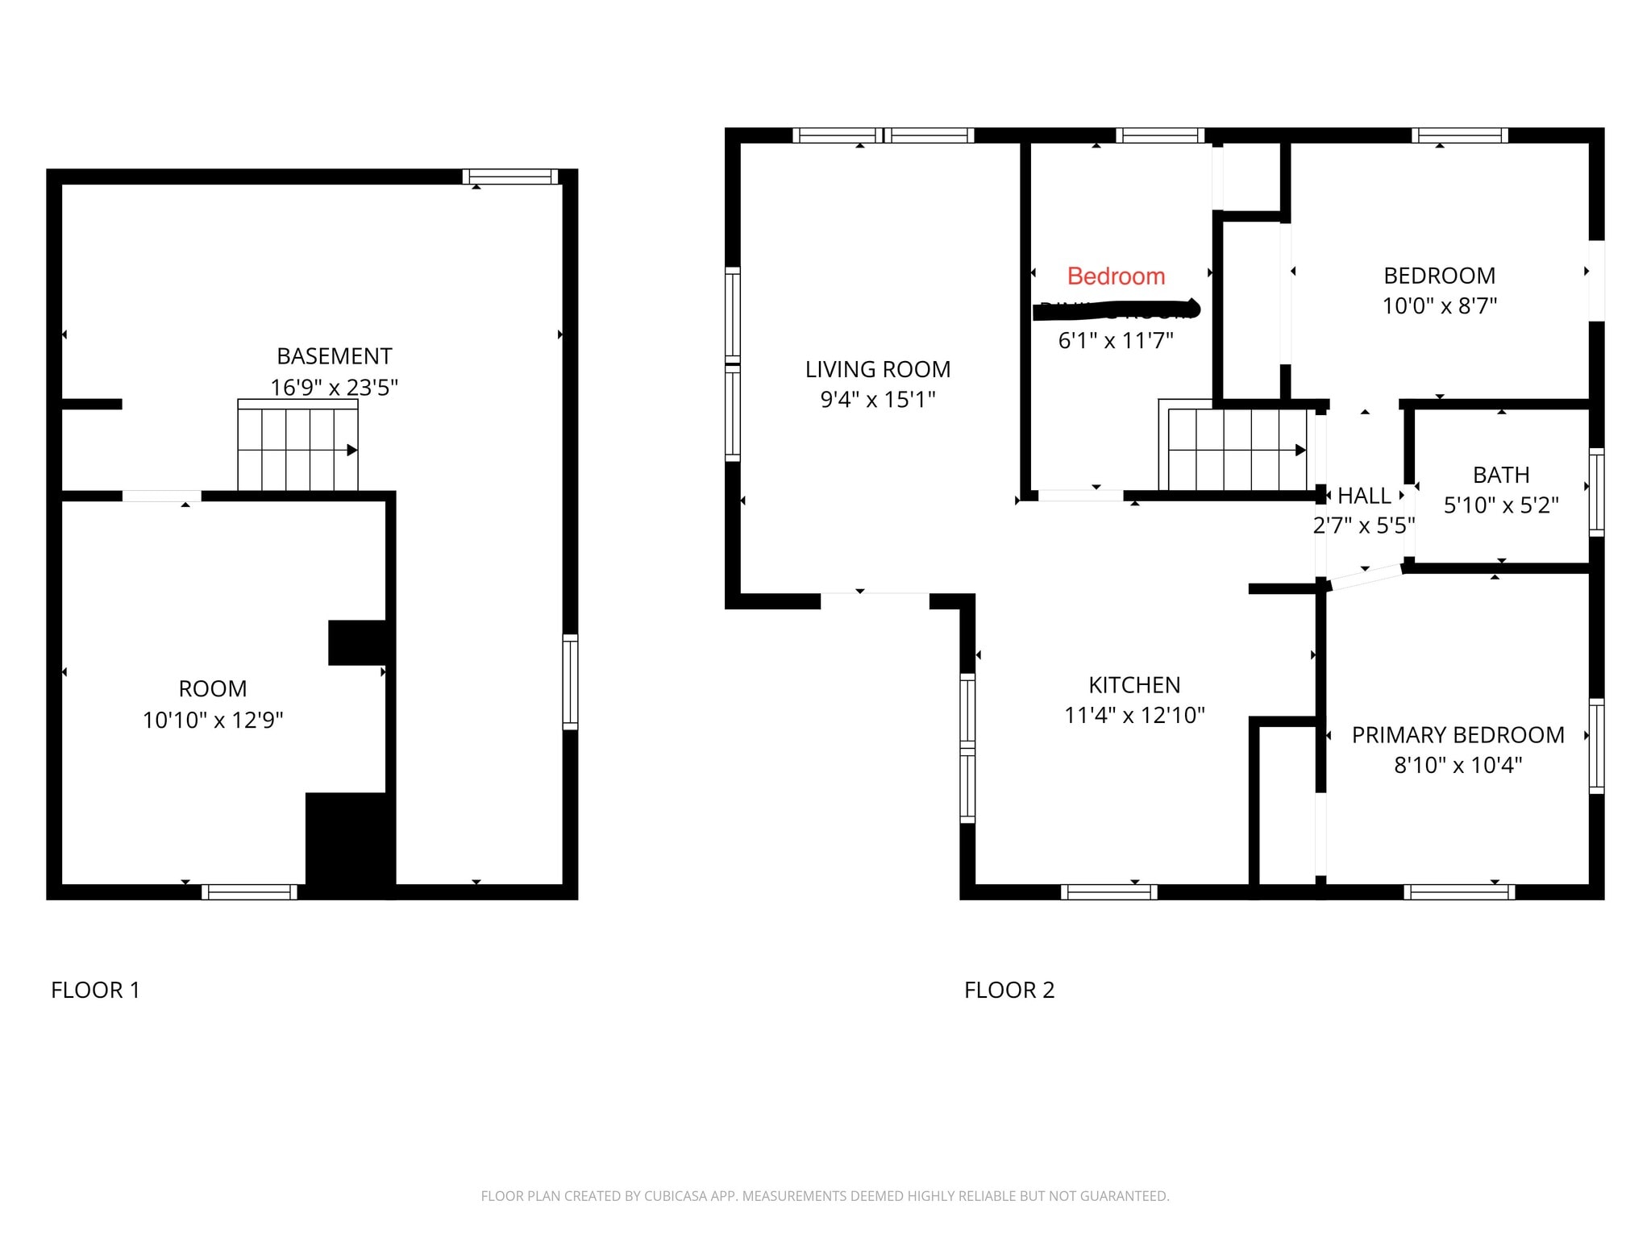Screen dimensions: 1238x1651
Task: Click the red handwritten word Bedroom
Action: pos(1116,276)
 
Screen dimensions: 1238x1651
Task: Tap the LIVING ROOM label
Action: pos(877,369)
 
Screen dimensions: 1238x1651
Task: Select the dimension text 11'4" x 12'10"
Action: pos(1134,715)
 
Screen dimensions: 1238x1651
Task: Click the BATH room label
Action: pos(1500,475)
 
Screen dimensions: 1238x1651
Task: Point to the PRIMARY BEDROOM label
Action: pos(1458,735)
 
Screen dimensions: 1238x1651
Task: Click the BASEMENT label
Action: pos(334,356)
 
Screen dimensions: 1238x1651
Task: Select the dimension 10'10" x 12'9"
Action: pos(213,720)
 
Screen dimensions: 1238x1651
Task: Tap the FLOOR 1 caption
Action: pos(95,990)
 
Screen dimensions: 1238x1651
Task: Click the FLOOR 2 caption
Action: pos(1009,990)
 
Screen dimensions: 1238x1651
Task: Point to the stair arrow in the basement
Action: pos(351,450)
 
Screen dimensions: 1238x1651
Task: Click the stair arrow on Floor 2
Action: pos(1300,450)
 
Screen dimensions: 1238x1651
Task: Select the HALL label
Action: pos(1364,496)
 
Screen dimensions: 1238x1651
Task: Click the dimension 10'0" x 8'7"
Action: pos(1439,306)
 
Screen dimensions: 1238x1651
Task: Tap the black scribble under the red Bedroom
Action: pos(1117,309)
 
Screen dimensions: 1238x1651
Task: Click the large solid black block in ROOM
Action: pos(348,845)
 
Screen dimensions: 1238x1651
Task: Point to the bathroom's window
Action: pos(1596,492)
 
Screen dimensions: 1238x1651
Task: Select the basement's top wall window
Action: pos(509,177)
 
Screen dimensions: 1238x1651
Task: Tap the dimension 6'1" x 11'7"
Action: pos(1115,341)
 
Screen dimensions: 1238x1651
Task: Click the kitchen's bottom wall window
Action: pos(1108,891)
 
